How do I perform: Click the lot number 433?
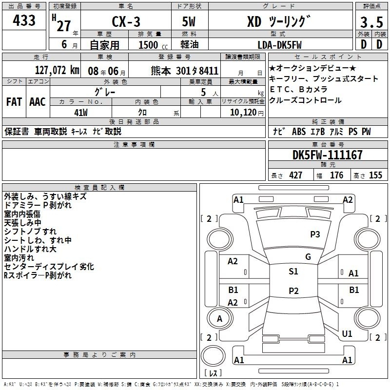pyautogui.click(x=24, y=20)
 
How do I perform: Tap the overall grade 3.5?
pyautogui.click(x=371, y=22)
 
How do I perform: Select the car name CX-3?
pyautogui.click(x=126, y=21)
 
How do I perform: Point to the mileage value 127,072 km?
pyautogui.click(x=57, y=70)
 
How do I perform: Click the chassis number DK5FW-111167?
pyautogui.click(x=328, y=155)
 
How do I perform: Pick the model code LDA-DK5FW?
pyautogui.click(x=279, y=45)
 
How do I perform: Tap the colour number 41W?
pyautogui.click(x=81, y=113)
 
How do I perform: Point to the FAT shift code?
pyautogui.click(x=14, y=102)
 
